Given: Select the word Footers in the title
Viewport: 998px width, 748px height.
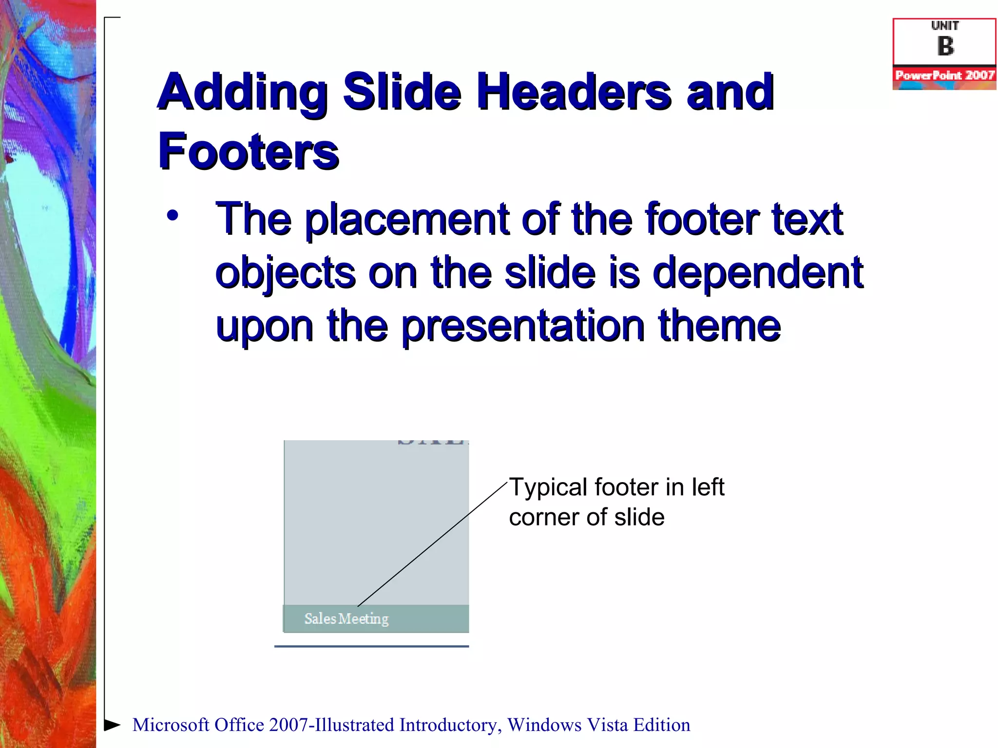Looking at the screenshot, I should (249, 152).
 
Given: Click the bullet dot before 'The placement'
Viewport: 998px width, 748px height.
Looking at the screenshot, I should (173, 215).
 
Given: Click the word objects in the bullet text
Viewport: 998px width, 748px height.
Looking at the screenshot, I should (285, 273).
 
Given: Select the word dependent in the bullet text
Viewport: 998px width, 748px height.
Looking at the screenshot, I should (758, 273).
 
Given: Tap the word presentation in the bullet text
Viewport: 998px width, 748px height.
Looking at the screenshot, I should (523, 326).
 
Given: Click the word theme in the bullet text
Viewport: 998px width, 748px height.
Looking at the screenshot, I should (719, 326).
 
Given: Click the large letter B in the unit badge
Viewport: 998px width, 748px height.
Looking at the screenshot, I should (945, 47).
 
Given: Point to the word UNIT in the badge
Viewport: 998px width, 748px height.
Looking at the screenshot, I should (945, 26).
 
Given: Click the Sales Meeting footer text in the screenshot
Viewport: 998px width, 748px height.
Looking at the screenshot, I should (346, 619).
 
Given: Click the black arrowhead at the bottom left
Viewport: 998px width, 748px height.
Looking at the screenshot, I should (112, 725).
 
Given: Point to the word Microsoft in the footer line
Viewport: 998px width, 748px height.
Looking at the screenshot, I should (171, 725).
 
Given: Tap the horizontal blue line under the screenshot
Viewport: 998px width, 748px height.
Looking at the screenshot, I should (371, 646).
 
